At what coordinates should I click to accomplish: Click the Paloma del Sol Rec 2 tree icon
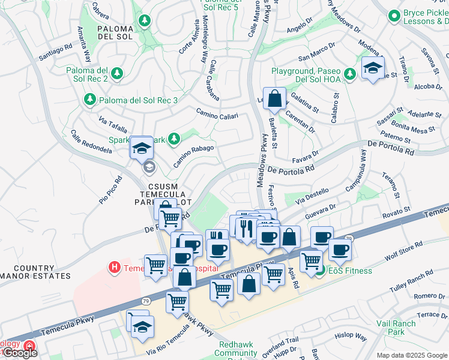[x=117, y=73]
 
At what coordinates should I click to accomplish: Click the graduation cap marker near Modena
[x=373, y=68]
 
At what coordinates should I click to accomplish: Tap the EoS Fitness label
[x=350, y=271]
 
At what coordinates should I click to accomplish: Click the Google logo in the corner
[x=20, y=353]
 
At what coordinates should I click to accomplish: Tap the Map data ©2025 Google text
[x=411, y=355]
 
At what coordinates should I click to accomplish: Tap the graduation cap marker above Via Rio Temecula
[x=142, y=327]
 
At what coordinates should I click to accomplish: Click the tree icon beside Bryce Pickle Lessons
[x=394, y=16]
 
